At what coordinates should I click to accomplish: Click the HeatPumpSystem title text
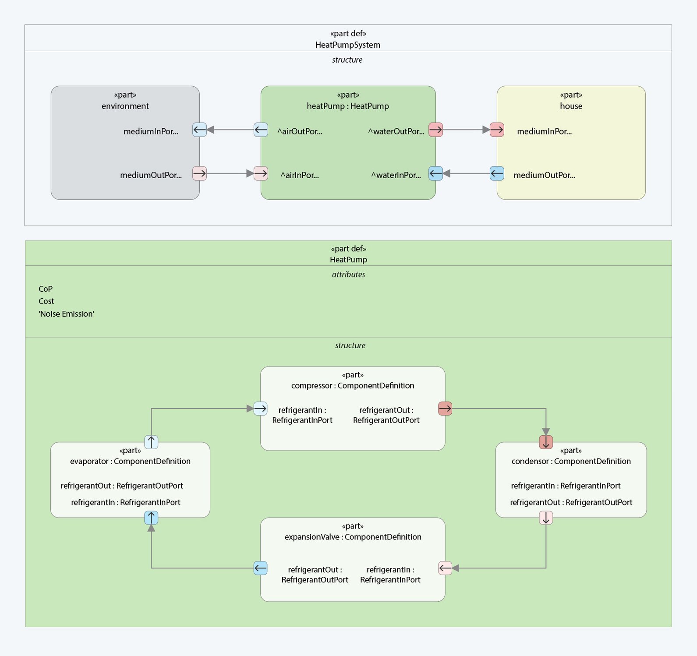[348, 45]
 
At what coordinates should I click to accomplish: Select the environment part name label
[125, 106]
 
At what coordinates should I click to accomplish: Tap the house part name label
[571, 106]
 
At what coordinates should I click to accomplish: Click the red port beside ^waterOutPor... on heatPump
[435, 130]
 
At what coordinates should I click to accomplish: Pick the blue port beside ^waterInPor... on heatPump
[435, 173]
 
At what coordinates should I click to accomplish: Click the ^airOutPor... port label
[300, 131]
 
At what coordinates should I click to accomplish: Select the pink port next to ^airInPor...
[261, 173]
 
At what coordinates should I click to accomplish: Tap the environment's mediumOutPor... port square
[199, 173]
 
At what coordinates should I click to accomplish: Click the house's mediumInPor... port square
[497, 130]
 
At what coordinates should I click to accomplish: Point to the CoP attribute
[46, 289]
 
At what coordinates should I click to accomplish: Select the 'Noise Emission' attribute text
[66, 314]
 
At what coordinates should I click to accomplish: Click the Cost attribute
[46, 301]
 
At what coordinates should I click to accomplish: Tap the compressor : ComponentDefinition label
[353, 386]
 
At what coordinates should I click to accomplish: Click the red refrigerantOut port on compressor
[445, 409]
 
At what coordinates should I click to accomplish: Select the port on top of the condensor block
[546, 442]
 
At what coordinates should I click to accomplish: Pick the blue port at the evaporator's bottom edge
[151, 518]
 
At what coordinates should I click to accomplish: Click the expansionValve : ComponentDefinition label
[353, 537]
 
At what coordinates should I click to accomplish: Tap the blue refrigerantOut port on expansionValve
[261, 568]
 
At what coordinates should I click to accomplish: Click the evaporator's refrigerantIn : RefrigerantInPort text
[126, 502]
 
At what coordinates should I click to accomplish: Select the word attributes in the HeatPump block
[348, 275]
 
